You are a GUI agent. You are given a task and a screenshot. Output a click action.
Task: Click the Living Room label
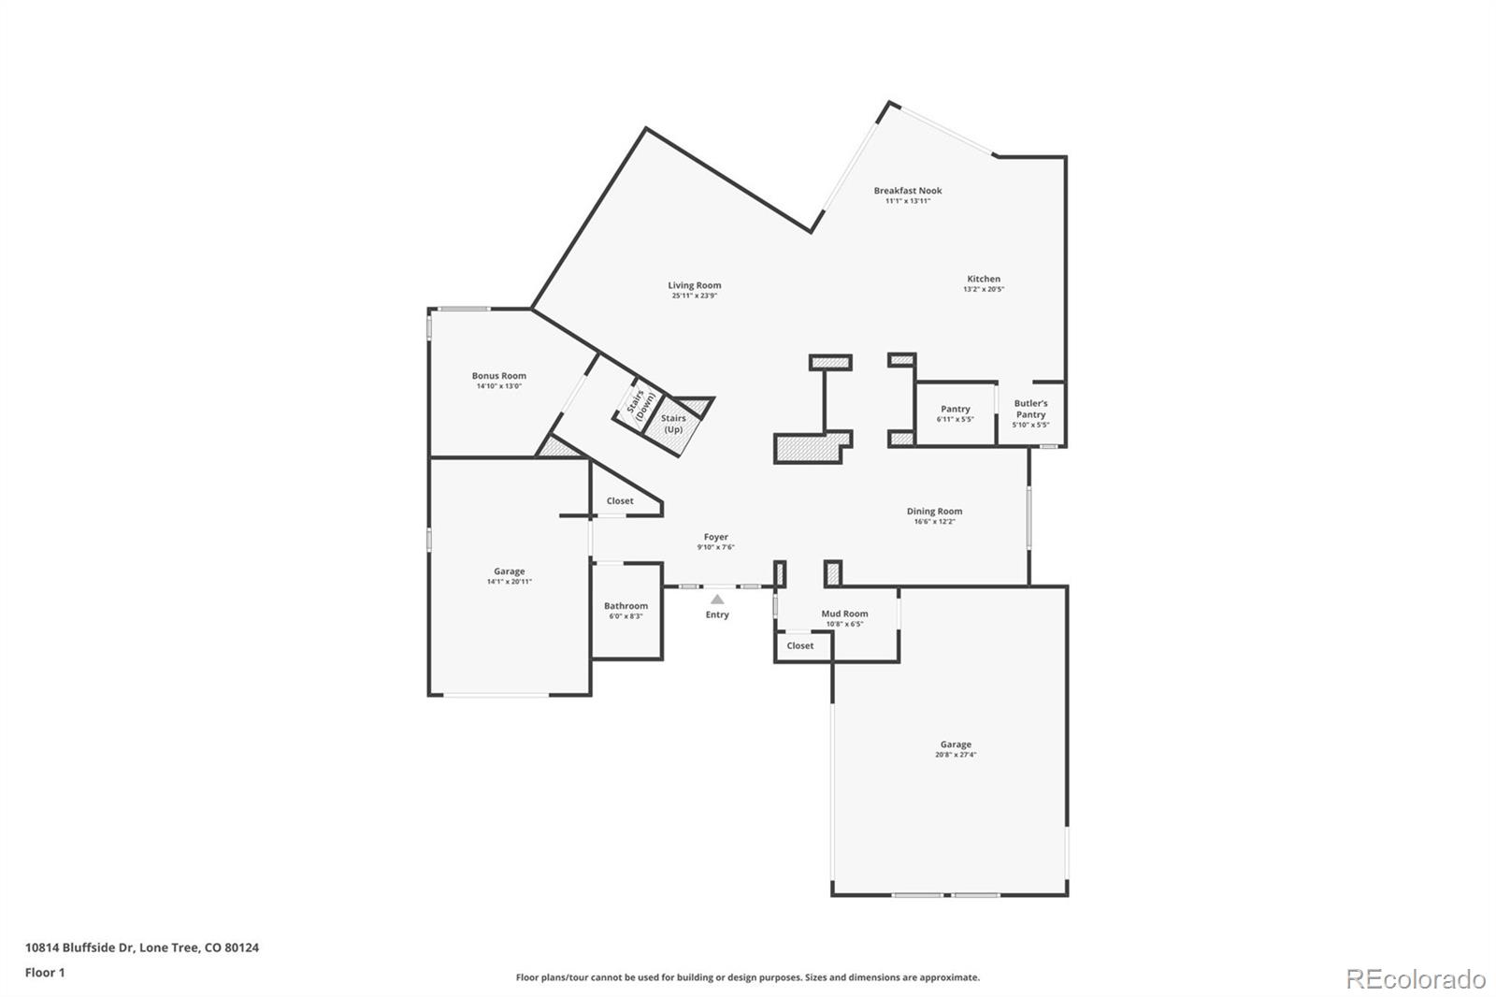click(694, 285)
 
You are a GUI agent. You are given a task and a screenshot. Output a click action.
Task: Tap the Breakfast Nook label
click(908, 191)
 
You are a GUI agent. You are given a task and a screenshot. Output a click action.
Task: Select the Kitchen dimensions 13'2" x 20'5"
click(984, 290)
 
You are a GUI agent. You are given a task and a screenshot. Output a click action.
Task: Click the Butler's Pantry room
click(1030, 413)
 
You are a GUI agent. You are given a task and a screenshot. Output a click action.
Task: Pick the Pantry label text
click(955, 409)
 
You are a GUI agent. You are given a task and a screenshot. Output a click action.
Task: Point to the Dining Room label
click(934, 512)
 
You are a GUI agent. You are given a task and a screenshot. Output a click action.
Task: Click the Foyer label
click(715, 538)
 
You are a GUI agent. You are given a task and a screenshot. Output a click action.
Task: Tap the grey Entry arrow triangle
click(717, 600)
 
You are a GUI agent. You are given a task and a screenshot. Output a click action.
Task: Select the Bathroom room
click(626, 611)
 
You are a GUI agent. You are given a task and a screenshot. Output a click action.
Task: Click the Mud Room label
click(844, 614)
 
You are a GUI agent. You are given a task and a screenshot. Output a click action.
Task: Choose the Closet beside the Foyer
click(620, 501)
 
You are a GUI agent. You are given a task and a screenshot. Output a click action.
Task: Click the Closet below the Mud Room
click(800, 646)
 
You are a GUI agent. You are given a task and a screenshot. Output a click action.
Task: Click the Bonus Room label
click(498, 376)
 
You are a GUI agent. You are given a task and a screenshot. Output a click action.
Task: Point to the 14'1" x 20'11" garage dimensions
click(509, 582)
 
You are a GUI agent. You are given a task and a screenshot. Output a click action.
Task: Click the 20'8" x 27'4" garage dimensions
click(955, 755)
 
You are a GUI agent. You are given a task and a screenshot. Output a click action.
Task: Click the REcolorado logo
click(1416, 978)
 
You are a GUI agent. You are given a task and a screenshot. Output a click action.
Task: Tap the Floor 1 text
click(45, 973)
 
